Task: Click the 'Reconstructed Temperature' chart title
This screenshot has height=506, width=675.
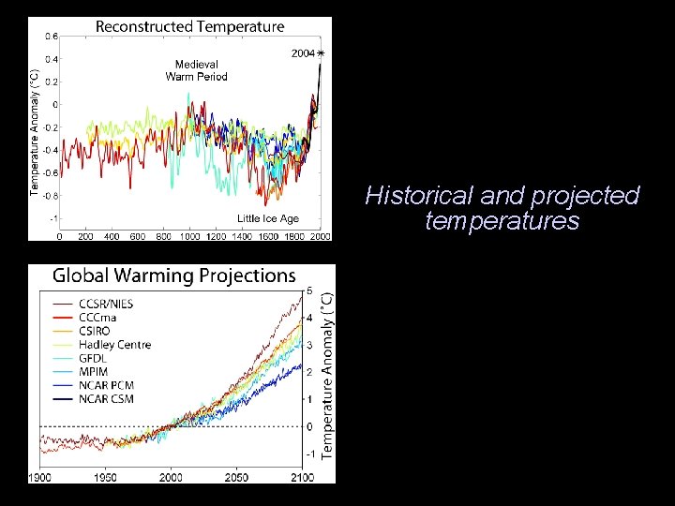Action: [190, 27]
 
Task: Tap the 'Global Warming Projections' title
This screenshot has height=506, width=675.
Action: [173, 275]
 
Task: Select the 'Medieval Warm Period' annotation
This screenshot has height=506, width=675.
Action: [196, 70]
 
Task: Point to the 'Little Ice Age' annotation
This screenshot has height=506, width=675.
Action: [268, 218]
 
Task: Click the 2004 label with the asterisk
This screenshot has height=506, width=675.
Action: [307, 53]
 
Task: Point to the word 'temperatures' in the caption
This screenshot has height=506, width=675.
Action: [502, 221]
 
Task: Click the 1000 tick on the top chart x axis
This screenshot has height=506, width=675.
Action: [189, 235]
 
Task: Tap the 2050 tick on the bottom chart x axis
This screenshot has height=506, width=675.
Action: [236, 477]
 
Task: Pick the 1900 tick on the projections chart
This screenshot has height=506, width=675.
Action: [39, 477]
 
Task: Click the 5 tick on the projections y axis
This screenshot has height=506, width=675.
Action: [310, 290]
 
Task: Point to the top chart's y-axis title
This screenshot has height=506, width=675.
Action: [35, 133]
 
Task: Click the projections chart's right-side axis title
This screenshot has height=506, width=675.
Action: [327, 375]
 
